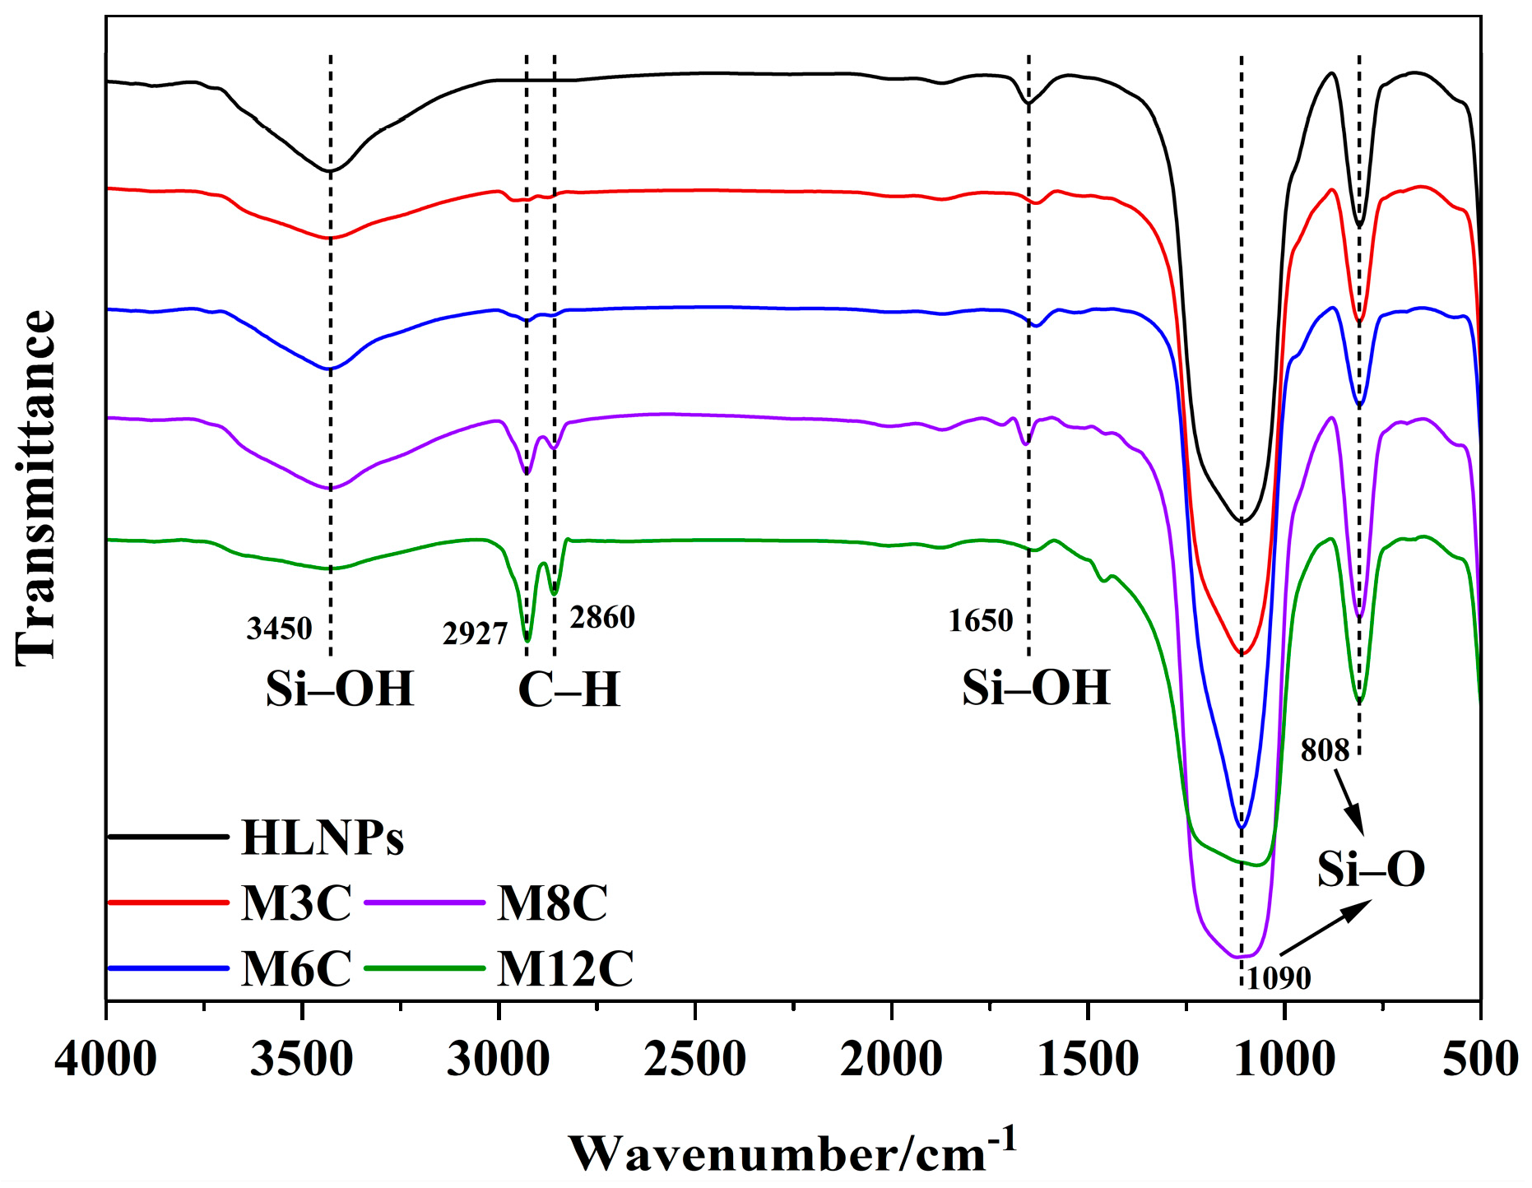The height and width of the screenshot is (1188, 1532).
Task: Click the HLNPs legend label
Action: point(323,838)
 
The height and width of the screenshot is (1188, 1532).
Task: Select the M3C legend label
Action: point(296,903)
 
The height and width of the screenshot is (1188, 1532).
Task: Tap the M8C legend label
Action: point(552,903)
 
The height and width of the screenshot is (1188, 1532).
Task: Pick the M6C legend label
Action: point(296,968)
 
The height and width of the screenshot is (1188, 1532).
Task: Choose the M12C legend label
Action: point(565,968)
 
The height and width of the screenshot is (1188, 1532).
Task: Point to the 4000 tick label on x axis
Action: point(105,1059)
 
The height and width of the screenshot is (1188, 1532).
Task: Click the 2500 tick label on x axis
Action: point(695,1059)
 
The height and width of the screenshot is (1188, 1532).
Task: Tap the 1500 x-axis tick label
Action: point(1088,1059)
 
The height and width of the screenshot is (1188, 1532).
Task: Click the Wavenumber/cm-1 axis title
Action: point(792,1152)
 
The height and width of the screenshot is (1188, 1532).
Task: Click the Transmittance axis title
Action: point(35,487)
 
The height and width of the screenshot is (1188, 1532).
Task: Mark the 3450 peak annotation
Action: point(280,629)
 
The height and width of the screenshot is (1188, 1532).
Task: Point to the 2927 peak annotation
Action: point(475,633)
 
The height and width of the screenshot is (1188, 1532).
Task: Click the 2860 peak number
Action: point(602,617)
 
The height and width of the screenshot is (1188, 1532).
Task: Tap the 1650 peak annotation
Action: point(980,620)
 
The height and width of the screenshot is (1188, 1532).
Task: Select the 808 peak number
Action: point(1325,749)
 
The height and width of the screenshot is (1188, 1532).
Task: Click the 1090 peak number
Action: point(1279,978)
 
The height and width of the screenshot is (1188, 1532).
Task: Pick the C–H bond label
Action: point(569,689)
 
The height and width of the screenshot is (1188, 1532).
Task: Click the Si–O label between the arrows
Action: point(1371,869)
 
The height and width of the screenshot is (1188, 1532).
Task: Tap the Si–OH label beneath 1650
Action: point(1036,687)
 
